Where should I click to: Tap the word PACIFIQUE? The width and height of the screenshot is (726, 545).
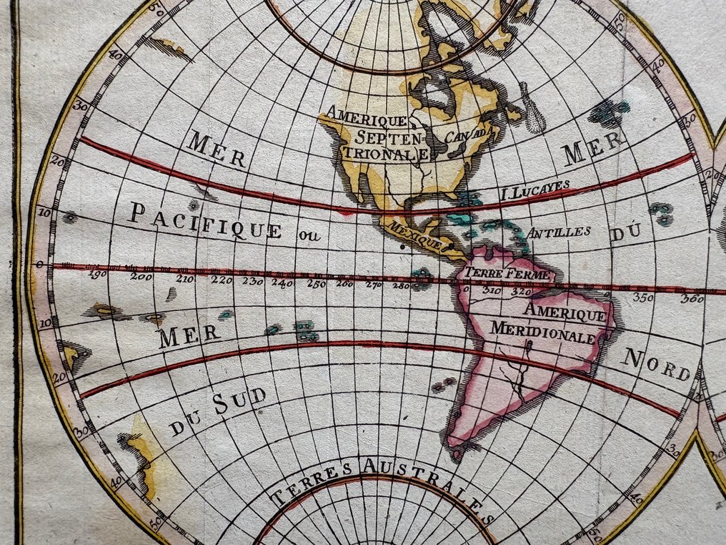pos(205,219)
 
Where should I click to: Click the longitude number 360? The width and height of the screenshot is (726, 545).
pos(692,299)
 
